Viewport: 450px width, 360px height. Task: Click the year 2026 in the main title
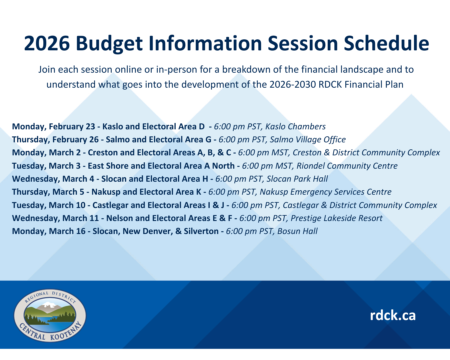pos(47,43)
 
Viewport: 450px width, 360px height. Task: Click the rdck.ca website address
pos(393,315)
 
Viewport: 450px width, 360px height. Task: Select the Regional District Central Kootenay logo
pos(50,315)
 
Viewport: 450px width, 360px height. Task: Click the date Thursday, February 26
pos(55,140)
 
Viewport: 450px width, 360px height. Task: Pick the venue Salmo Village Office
pos(308,140)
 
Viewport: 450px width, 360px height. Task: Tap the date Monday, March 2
pos(46,153)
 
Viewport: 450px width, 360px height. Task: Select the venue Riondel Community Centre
pos(347,166)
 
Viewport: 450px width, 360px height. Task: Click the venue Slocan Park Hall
pos(297,179)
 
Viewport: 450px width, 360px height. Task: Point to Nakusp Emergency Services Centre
pos(325,192)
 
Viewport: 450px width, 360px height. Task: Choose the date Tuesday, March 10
pos(49,205)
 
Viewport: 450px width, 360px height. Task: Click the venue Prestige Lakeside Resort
pos(336,218)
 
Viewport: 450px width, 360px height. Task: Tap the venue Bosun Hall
pos(297,231)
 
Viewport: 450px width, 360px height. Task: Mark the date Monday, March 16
pos(49,231)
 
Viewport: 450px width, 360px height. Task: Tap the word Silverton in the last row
pos(201,231)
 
